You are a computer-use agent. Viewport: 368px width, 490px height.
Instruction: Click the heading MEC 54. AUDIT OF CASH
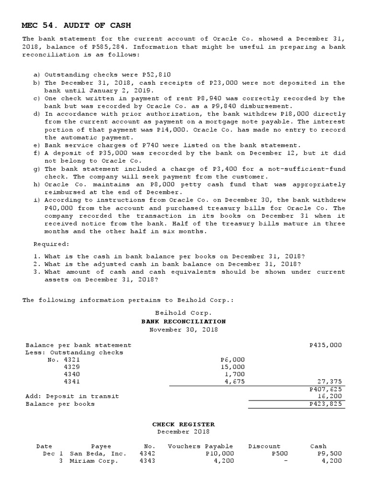(77, 25)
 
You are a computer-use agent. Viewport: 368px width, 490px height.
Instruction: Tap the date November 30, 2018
(184, 329)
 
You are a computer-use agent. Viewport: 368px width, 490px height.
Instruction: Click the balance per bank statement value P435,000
(326, 345)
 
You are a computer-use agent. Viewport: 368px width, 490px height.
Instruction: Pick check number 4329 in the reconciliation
(72, 367)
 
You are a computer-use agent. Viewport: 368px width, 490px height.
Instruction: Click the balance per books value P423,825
(326, 404)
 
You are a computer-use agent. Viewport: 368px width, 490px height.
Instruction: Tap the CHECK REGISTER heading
(184, 424)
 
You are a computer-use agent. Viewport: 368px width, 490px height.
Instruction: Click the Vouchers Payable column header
(200, 446)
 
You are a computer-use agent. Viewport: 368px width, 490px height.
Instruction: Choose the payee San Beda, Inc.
(98, 454)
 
